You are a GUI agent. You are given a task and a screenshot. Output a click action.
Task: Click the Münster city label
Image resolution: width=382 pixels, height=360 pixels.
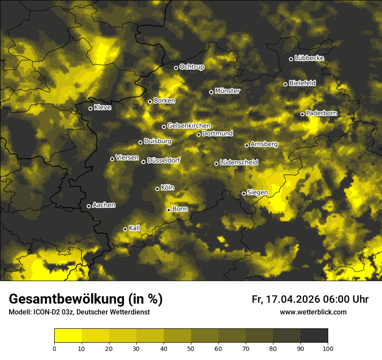pos(227,91)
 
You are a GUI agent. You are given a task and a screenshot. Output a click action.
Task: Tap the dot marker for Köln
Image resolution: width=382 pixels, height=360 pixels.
pos(157,189)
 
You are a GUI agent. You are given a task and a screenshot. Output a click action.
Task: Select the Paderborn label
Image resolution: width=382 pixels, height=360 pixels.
pos(321,113)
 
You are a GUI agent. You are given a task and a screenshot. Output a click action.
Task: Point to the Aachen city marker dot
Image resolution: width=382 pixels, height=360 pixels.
pos(89,206)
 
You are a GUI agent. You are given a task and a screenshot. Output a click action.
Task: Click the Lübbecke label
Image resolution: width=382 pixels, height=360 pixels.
pos(309,58)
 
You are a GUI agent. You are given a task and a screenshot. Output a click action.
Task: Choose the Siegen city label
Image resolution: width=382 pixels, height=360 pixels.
pos(257,193)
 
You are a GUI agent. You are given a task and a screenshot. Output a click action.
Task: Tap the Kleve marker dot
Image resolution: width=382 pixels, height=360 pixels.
pos(90,108)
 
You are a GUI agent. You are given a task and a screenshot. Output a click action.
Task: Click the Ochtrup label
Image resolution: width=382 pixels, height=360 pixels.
pos(191,67)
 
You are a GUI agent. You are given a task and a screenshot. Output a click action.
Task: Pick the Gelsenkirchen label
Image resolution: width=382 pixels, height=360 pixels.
pos(189,126)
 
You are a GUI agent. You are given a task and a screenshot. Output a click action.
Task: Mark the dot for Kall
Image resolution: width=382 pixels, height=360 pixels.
pos(125,229)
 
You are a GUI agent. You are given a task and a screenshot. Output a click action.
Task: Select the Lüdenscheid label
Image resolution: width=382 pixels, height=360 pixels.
pos(239,163)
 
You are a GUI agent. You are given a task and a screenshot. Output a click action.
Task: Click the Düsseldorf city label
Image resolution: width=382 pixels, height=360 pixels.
pos(164,160)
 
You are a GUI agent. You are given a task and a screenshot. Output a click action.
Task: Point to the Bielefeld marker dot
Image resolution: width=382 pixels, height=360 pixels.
pos(285,84)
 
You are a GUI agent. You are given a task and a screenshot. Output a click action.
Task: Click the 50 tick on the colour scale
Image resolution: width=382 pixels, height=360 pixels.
pos(191,348)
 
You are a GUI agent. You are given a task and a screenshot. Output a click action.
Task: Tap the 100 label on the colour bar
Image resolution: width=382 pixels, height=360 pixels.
pos(328,348)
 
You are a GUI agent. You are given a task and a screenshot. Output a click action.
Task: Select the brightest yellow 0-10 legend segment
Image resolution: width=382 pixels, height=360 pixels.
pos(68,335)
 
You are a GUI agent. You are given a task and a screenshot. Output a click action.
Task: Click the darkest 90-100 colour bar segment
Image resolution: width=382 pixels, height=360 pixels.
pos(314,335)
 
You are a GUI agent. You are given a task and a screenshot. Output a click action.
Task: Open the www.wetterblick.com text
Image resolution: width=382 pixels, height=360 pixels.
pos(313,312)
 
